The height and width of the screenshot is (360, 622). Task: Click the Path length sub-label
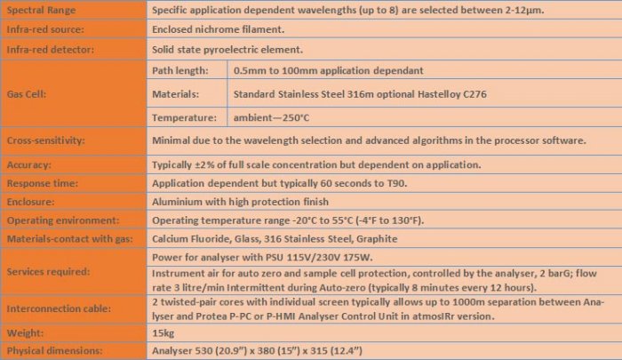pos(180,69)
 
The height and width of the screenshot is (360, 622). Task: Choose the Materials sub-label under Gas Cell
pos(178,93)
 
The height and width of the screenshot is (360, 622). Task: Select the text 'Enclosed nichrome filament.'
pos(216,30)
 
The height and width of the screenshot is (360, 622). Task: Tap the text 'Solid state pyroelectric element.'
pos(227,50)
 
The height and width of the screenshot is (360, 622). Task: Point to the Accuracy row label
pos(30,165)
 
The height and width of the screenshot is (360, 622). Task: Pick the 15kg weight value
pos(164,332)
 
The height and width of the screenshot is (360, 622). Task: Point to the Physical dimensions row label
pos(57,349)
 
